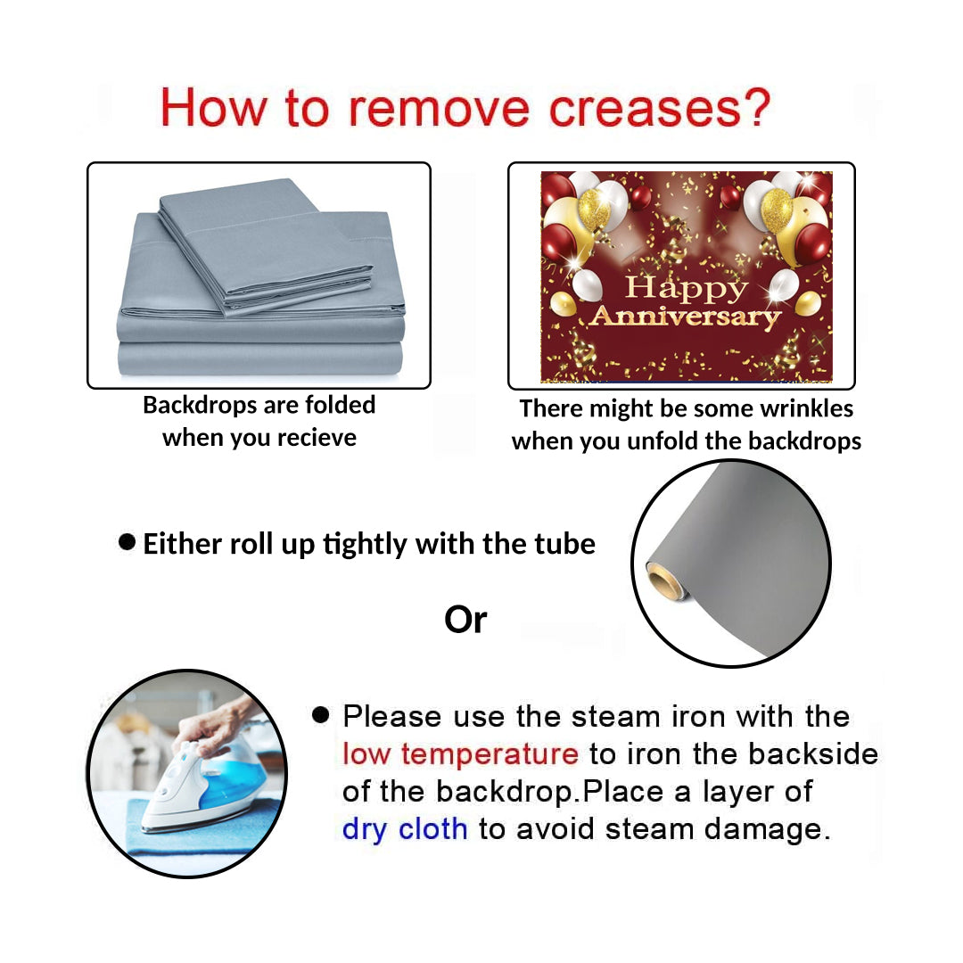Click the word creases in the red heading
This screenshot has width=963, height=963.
coord(645,109)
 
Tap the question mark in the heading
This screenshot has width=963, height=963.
coord(757,107)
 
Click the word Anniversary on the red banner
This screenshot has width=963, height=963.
coord(686,317)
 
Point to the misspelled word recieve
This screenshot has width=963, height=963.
coord(316,438)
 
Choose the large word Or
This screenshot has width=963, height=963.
coord(465,620)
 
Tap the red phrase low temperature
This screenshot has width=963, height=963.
coord(460,754)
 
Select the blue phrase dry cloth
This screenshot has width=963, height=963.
coord(405,829)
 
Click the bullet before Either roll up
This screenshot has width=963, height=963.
coord(127,542)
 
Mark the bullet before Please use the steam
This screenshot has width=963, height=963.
coord(321,714)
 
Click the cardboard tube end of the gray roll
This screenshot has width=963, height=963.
coord(664,580)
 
